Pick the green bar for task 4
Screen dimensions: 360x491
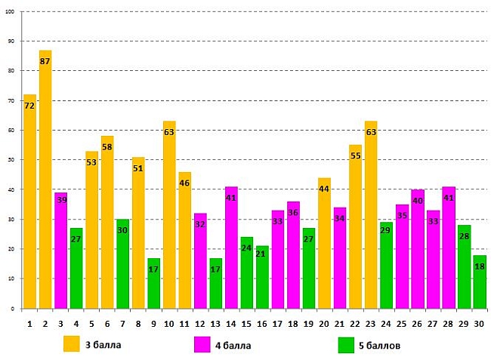point(76,268)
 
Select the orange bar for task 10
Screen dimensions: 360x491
point(169,215)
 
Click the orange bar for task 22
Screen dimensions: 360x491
point(355,226)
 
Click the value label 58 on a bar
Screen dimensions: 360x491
point(107,146)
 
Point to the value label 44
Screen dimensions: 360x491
point(324,189)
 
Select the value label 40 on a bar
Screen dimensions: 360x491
point(417,201)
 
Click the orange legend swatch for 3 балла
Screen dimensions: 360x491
point(72,345)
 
